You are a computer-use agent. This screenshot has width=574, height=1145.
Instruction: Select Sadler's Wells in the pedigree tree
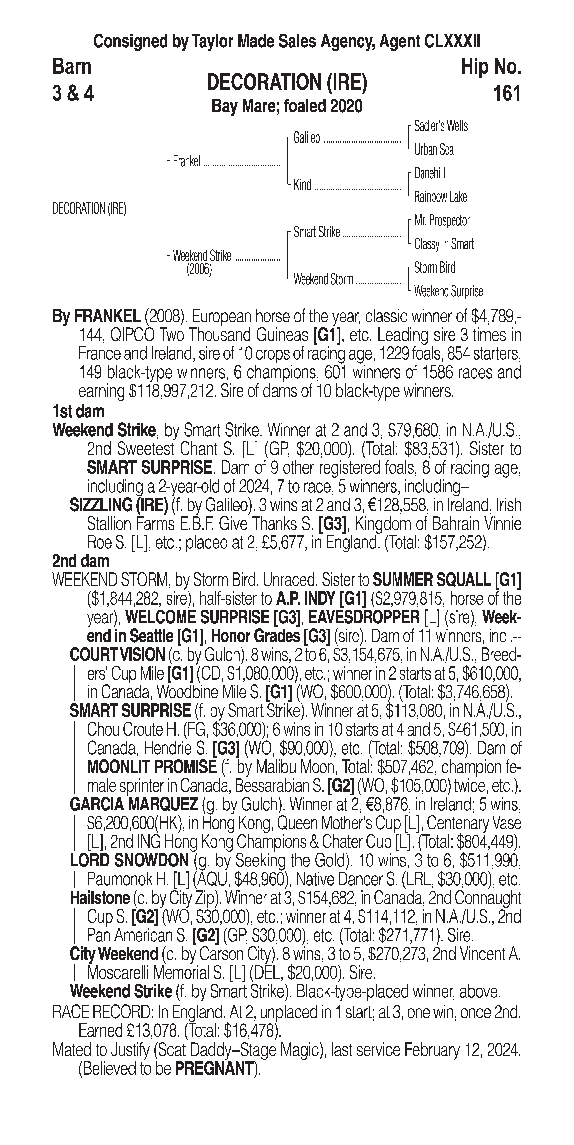440,126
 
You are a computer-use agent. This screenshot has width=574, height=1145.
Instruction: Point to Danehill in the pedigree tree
429,173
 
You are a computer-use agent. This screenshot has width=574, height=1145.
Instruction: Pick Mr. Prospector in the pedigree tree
441,221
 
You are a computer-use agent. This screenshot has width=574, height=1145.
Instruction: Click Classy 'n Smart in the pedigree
443,244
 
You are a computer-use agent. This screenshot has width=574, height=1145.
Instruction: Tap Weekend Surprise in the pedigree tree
448,292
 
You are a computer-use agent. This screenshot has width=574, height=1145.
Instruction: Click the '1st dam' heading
78,412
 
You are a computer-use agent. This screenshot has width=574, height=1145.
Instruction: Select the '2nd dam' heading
81,561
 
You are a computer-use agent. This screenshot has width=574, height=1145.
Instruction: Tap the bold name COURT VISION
117,655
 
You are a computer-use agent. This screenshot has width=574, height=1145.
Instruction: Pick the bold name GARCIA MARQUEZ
134,805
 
